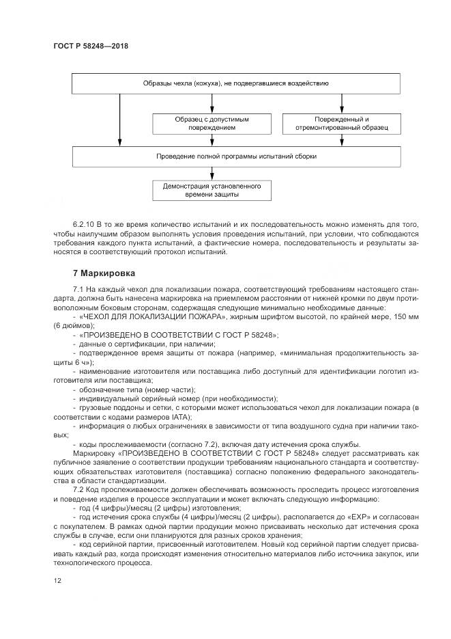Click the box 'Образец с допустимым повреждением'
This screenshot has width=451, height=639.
(212, 123)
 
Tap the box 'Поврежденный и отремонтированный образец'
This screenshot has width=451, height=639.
(341, 123)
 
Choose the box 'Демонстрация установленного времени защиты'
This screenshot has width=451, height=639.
(212, 189)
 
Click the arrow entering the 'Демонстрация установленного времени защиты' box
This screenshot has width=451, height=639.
(212, 173)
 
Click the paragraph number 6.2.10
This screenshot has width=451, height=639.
(84, 224)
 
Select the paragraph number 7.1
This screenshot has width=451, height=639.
(78, 289)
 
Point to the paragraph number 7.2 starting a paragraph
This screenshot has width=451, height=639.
(78, 491)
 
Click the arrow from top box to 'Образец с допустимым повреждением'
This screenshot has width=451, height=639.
(212, 103)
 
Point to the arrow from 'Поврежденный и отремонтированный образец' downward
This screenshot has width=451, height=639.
(341, 140)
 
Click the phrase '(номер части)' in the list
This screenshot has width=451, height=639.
(154, 388)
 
